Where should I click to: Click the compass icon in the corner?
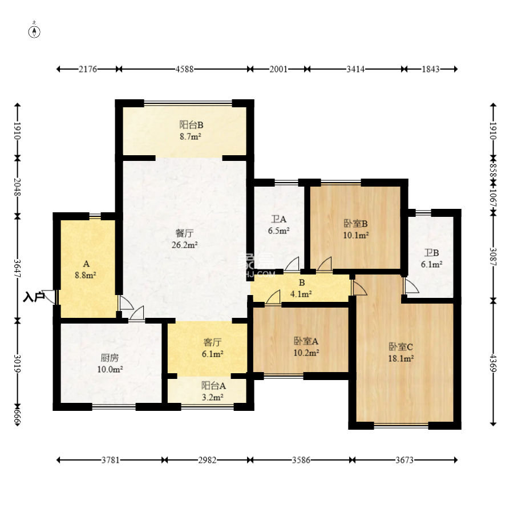(34, 30)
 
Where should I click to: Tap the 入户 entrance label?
(34, 297)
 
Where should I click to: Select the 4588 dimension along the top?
(184, 69)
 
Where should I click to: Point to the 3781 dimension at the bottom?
(111, 460)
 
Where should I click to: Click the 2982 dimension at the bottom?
(207, 460)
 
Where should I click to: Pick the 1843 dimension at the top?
(431, 69)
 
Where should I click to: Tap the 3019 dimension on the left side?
(18, 363)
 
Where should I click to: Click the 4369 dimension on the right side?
(493, 363)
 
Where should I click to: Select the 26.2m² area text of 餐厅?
(184, 245)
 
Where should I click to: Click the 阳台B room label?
(191, 125)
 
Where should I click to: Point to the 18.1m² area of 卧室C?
(401, 358)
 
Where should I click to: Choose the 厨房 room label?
(110, 358)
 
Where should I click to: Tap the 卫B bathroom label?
(431, 253)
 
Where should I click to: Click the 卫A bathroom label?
(279, 219)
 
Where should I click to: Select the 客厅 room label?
(212, 342)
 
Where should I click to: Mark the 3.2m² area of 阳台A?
(212, 397)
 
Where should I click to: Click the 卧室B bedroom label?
(355, 223)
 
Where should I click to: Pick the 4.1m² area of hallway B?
(301, 294)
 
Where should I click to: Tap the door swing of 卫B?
(411, 285)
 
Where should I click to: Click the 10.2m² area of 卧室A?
(306, 353)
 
